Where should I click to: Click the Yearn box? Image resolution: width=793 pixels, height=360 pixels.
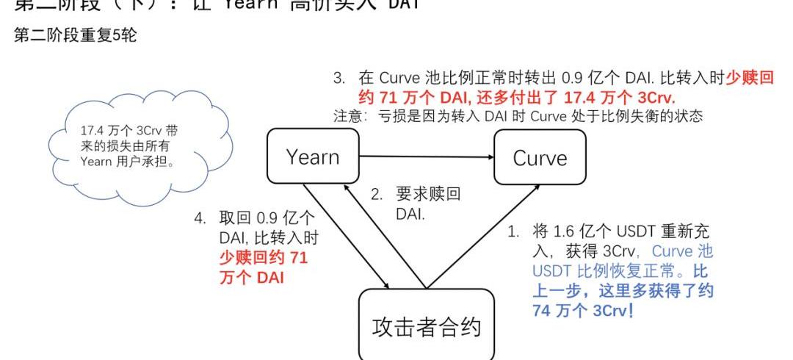[313, 156]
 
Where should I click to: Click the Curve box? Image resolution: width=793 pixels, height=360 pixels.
[540, 157]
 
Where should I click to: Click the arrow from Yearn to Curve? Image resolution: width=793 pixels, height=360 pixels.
[426, 156]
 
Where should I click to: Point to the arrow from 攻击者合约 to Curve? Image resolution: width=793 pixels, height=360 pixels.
[485, 235]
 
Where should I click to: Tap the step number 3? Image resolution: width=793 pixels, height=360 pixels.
[339, 78]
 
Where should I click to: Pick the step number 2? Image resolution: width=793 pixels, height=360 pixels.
[376, 195]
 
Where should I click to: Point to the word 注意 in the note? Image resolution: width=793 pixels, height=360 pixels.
[346, 115]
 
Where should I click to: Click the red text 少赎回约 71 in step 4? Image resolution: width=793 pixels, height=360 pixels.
[264, 258]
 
